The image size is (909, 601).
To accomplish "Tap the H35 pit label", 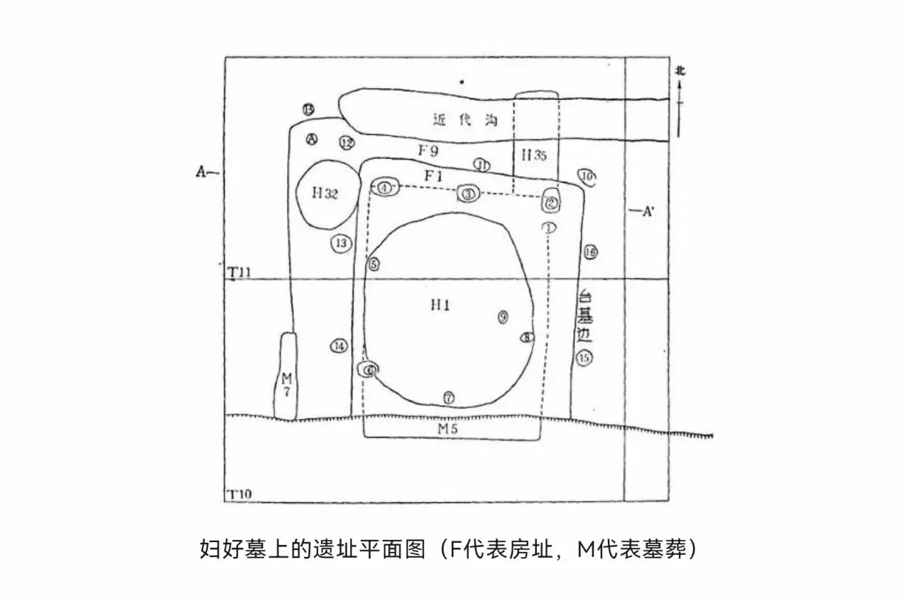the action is point(534,156).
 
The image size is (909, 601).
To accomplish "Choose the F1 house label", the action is point(434,175).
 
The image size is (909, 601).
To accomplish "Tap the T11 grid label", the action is point(239,272).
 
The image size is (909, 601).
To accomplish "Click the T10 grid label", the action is point(239,494).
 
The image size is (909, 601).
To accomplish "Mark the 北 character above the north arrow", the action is point(680,70).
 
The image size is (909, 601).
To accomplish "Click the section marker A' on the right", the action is point(647,211).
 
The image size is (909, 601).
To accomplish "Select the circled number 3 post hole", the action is point(467,193).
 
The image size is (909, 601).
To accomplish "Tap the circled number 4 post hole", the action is point(384,188).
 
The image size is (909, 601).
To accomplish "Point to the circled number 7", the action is point(449,396).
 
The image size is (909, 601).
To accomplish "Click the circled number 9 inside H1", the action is point(503,318).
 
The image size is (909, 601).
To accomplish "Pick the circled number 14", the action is point(339,346).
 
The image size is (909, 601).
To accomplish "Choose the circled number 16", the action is point(590,251).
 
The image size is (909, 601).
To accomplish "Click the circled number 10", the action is point(587,175).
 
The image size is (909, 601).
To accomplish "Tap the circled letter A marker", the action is point(311,139).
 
